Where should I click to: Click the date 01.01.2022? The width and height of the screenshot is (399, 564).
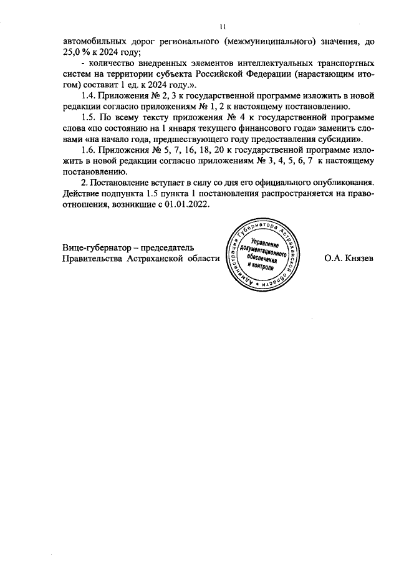click(188, 204)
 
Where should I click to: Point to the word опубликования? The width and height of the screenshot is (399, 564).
click(340, 182)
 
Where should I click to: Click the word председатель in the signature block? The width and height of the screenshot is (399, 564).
click(167, 247)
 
